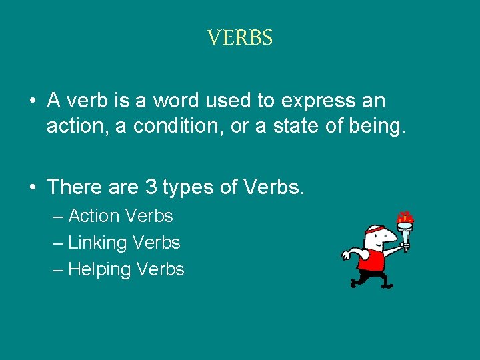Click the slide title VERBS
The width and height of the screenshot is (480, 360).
[240, 37]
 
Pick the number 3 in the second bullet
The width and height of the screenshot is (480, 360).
[151, 187]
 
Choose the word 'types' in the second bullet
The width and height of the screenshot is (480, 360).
[187, 188]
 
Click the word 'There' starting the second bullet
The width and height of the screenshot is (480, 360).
[74, 187]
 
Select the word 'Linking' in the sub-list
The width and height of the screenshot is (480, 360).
[97, 243]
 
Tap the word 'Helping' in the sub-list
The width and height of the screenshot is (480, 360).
[100, 270]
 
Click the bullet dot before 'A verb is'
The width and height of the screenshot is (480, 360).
[32, 101]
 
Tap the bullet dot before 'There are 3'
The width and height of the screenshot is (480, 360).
[32, 188]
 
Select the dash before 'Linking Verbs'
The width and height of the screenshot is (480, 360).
[58, 243]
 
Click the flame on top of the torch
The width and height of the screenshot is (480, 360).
[405, 218]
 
